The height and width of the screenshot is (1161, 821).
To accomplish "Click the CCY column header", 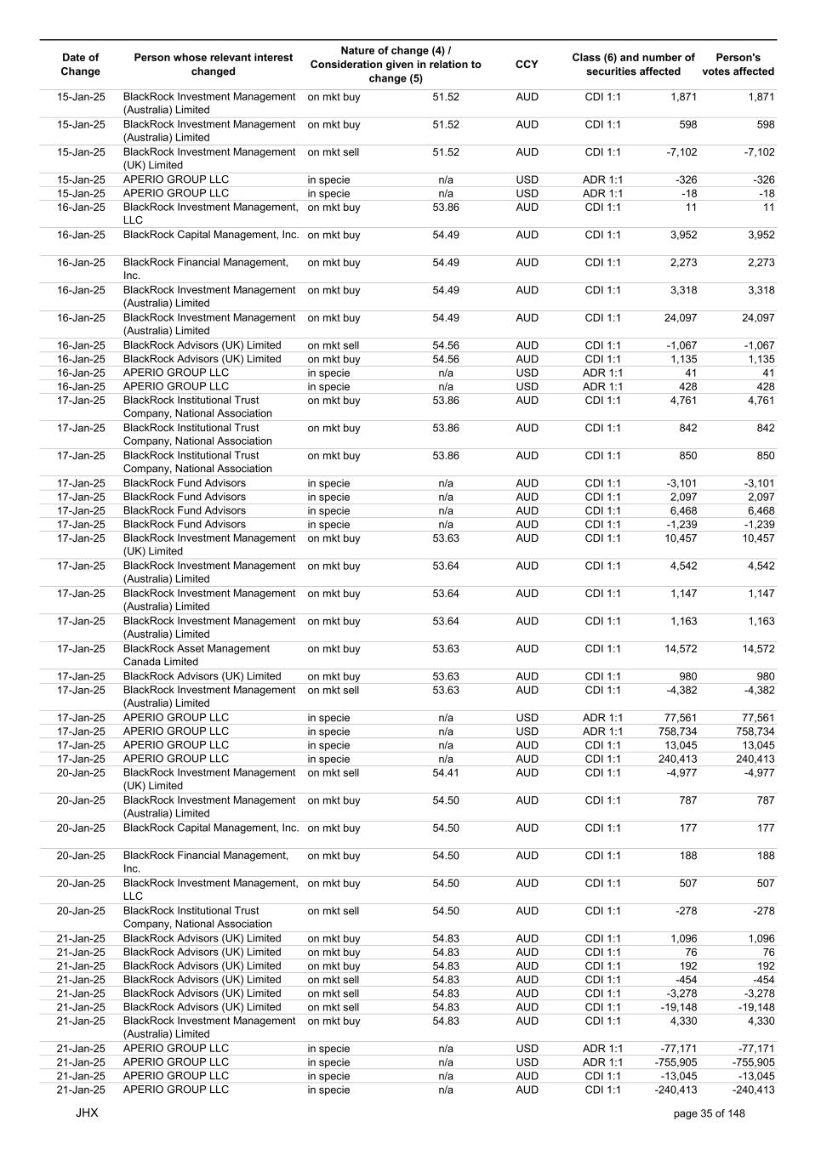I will click(527, 65).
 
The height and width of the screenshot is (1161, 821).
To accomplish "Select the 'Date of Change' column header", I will click(80, 65).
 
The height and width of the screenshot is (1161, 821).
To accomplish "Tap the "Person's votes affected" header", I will click(738, 65).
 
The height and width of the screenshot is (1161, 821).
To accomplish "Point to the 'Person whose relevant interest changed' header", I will click(213, 65).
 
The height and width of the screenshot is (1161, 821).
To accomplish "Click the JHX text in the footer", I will click(87, 1113).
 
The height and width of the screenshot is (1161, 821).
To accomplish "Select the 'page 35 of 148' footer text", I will click(709, 1113).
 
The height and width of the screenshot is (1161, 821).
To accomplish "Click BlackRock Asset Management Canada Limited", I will click(197, 655).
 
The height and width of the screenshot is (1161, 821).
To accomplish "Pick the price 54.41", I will click(445, 773).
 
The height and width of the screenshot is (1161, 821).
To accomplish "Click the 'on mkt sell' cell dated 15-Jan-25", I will click(333, 152).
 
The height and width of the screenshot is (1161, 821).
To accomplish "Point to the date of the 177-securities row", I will click(81, 828).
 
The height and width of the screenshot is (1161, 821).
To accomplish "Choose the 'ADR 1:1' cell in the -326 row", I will click(602, 179).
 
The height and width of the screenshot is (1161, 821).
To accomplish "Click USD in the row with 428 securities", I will click(527, 386).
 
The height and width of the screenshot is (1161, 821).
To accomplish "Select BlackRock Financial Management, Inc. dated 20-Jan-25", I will click(206, 862).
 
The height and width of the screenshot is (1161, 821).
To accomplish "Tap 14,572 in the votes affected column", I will click(756, 649).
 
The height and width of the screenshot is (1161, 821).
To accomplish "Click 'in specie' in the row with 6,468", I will click(328, 511).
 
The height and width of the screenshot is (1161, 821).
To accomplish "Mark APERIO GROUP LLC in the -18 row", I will click(176, 193).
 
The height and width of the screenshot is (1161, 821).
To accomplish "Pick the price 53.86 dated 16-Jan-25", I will click(445, 208).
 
